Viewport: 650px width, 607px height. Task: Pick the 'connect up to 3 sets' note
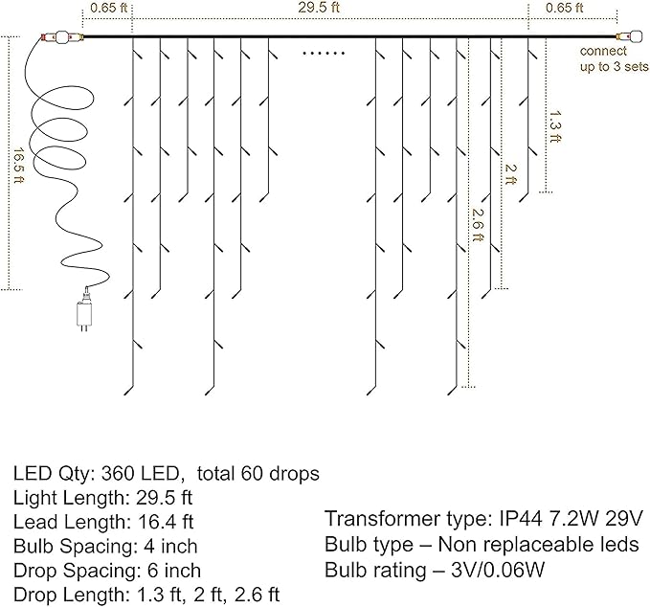coord(614,58)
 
